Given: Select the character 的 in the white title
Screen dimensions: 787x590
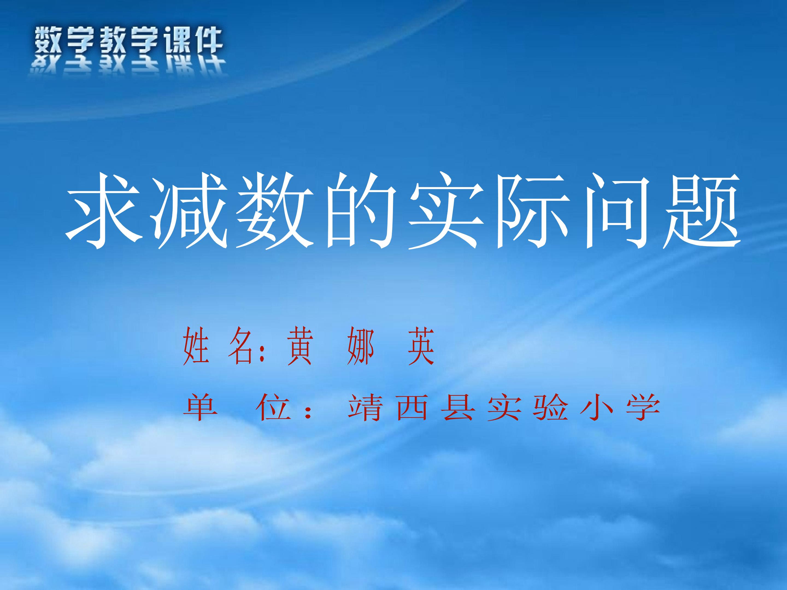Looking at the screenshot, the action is [362, 211].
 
